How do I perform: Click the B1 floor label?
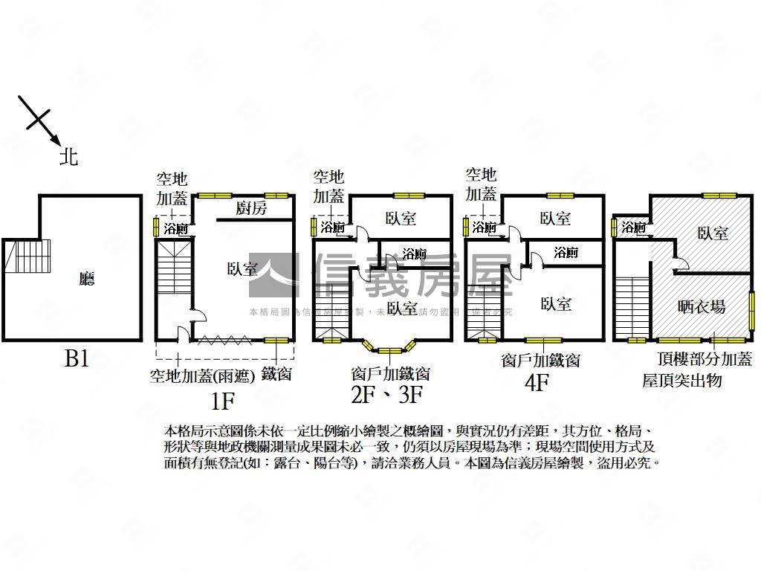click(x=77, y=359)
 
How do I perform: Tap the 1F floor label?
click(x=222, y=402)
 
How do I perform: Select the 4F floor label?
click(x=537, y=384)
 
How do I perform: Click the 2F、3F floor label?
click(x=386, y=395)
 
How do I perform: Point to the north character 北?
click(x=69, y=157)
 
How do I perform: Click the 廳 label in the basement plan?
click(x=88, y=279)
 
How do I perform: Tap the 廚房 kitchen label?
click(x=251, y=208)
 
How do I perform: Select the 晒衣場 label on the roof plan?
click(x=702, y=306)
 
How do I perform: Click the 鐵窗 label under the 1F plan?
click(x=276, y=374)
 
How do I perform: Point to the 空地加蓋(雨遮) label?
click(x=202, y=375)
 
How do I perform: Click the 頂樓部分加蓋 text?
click(x=705, y=359)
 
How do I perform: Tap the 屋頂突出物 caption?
click(x=682, y=381)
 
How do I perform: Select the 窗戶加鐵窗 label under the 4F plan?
click(x=541, y=361)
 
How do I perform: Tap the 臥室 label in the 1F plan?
click(x=242, y=269)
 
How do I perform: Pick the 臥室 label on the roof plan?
click(x=713, y=233)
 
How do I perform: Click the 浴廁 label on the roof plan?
click(x=634, y=228)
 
